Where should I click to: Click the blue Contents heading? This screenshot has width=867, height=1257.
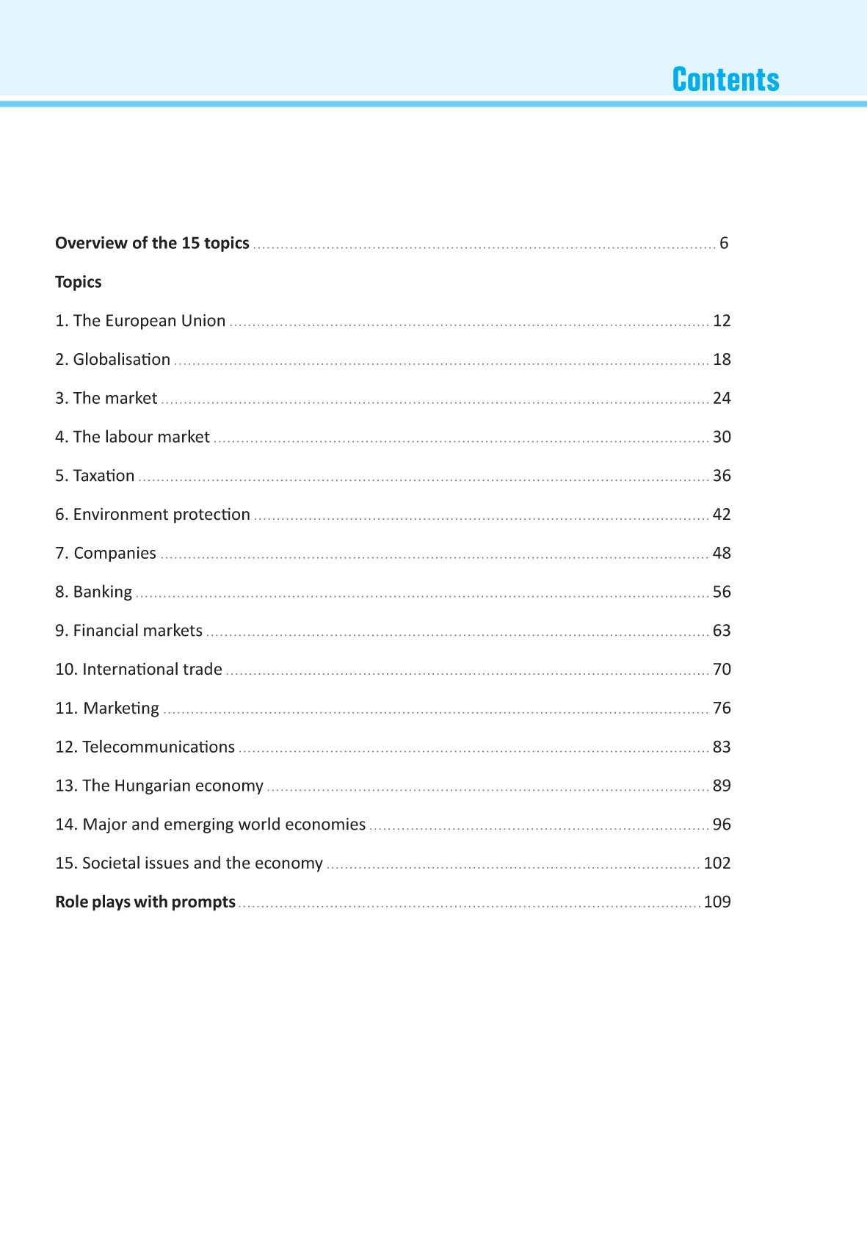[725, 79]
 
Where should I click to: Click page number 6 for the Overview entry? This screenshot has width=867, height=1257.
[724, 243]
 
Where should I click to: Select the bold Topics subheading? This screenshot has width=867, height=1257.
[78, 282]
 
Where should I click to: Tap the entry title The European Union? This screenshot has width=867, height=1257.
[149, 321]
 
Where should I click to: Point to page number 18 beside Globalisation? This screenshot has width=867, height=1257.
[722, 360]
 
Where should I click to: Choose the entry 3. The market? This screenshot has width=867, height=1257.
[106, 398]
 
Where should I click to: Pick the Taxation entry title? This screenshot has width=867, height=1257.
[104, 476]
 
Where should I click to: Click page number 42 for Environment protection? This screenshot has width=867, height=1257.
[722, 515]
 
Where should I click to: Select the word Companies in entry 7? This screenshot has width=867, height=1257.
[115, 554]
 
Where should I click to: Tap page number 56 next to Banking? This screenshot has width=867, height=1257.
[722, 592]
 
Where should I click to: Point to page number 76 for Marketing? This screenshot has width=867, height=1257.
[722, 709]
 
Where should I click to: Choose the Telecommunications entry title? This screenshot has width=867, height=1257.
[159, 747]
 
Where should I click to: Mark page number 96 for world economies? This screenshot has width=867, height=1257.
[722, 825]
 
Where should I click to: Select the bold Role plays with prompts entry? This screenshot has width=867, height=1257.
[145, 902]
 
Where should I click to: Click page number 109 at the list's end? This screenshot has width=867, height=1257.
[717, 902]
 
